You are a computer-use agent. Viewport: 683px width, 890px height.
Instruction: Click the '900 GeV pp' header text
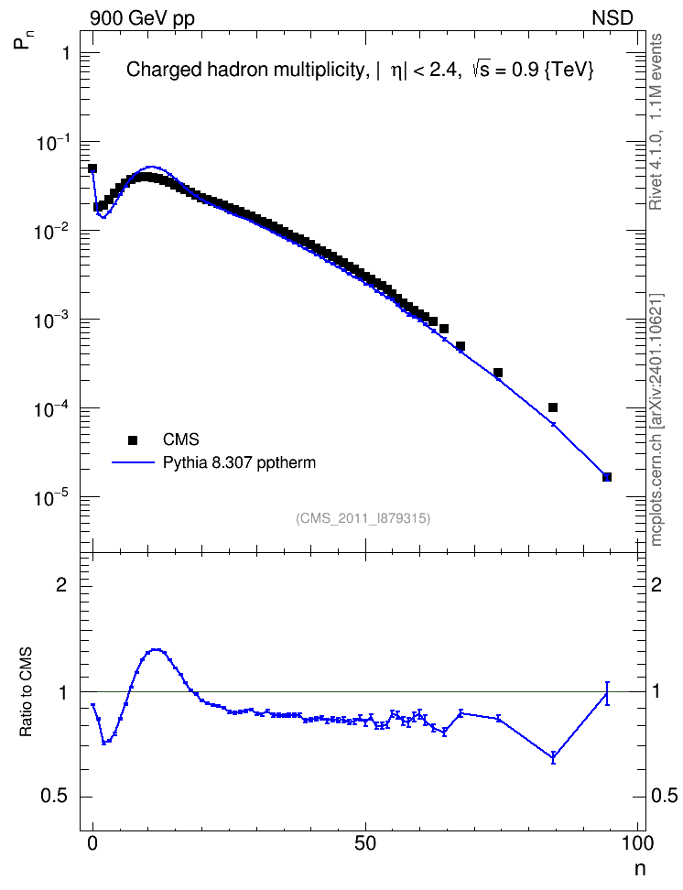143,18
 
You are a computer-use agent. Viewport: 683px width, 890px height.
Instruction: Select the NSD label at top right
612,17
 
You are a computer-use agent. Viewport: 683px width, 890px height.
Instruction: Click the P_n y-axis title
21,41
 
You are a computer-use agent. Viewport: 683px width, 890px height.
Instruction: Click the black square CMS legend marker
133,440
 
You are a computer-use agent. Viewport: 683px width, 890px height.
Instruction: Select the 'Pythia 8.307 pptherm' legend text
239,462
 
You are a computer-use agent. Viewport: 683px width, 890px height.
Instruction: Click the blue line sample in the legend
133,462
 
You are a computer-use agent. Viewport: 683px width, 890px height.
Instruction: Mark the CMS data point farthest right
607,477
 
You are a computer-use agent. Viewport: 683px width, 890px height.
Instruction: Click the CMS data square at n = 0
92,168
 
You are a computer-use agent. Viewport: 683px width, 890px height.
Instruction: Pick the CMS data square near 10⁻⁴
553,407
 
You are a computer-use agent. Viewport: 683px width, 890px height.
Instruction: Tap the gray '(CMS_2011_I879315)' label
363,518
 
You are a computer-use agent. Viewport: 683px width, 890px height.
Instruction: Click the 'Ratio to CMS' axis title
26,691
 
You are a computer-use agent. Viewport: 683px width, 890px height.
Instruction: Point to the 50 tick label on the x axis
365,843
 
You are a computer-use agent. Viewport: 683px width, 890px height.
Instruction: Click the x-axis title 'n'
640,869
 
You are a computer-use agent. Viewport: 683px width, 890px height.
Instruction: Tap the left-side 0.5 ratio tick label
55,797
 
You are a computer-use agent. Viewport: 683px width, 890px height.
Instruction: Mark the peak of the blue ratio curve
157,649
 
